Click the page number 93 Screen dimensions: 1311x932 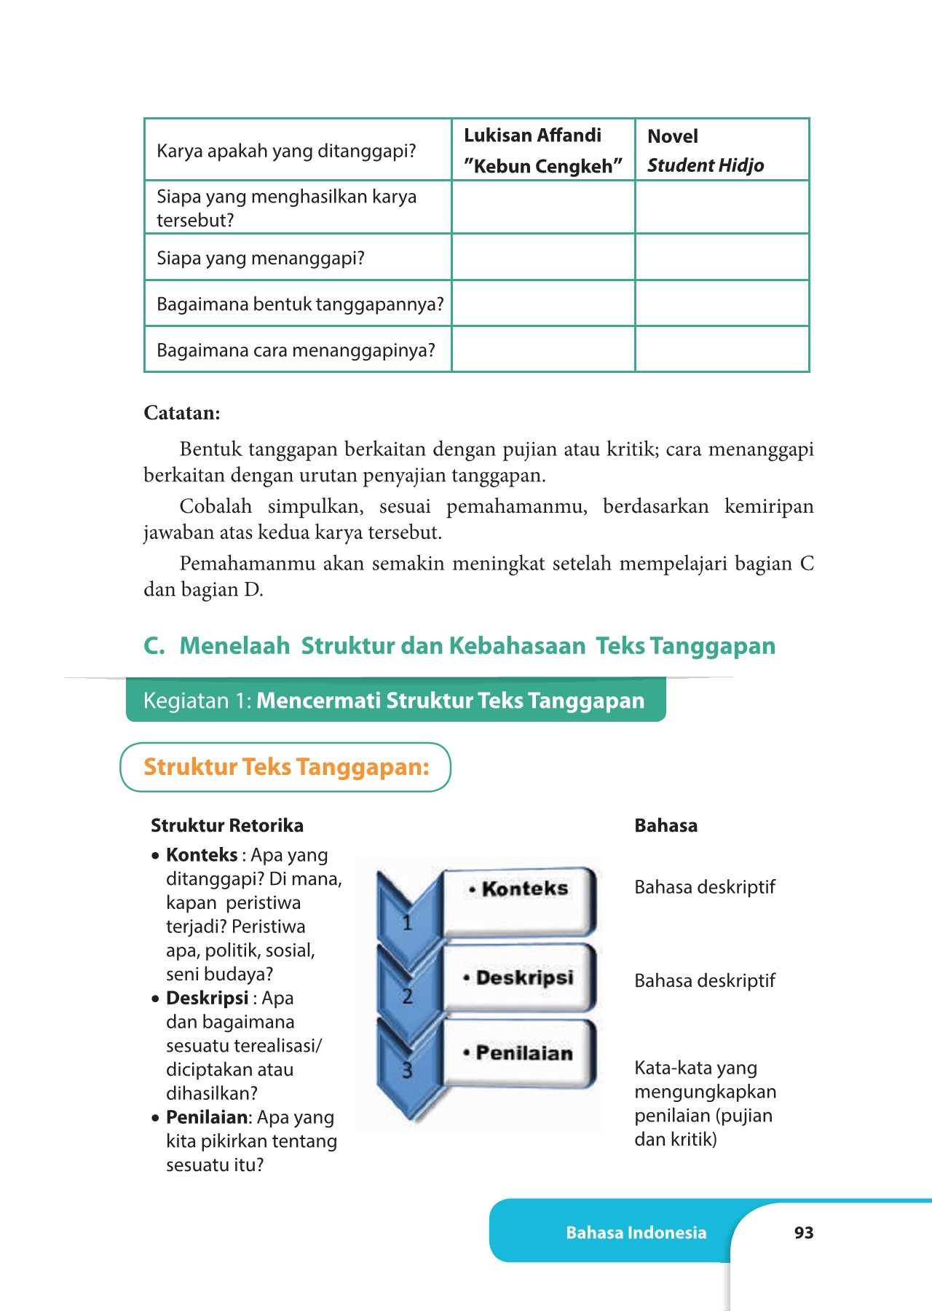tap(804, 1232)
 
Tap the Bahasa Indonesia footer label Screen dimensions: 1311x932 tap(636, 1232)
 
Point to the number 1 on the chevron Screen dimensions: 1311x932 tap(408, 923)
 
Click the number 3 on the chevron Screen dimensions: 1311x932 tap(408, 1070)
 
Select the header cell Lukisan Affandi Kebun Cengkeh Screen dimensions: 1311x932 tap(543, 150)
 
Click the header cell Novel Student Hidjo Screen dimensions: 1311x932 tap(722, 150)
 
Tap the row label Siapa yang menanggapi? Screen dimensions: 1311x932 tap(261, 258)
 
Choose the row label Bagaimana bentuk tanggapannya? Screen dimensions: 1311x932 tap(300, 304)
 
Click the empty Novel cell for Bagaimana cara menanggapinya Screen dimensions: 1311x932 tap(722, 350)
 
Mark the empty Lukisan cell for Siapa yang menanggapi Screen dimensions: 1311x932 tap(543, 257)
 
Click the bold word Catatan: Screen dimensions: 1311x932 tap(182, 413)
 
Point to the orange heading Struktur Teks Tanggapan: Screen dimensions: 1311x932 tap(286, 767)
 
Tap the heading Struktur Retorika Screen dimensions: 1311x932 tap(227, 825)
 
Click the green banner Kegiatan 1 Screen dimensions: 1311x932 tap(395, 700)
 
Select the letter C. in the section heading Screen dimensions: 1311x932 tap(154, 645)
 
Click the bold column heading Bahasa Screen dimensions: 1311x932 tap(666, 825)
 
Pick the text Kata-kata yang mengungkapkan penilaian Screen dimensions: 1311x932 tap(705, 1103)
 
